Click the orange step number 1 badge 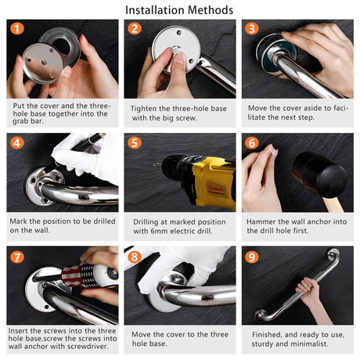(x=17, y=29)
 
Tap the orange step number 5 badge (x=135, y=143)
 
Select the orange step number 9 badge (x=252, y=257)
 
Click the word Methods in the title (x=211, y=10)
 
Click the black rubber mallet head (x=319, y=175)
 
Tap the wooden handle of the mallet (x=333, y=204)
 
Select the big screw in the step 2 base (x=176, y=49)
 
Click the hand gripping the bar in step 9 (x=308, y=290)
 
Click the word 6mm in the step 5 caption (x=159, y=231)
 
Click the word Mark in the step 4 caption (x=18, y=221)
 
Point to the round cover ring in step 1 (x=60, y=45)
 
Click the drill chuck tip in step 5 (x=157, y=164)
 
